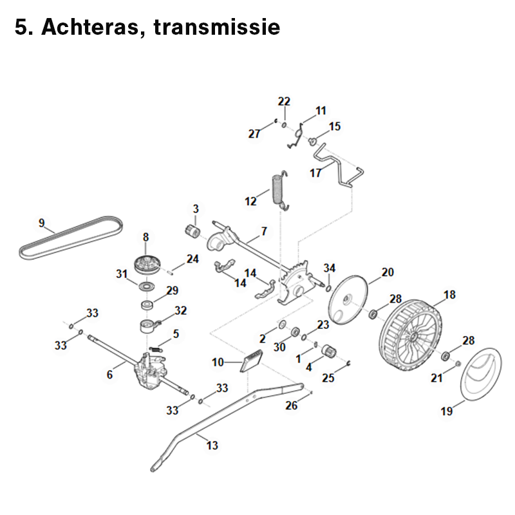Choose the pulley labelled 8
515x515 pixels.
click(147, 263)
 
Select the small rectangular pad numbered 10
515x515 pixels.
click(251, 360)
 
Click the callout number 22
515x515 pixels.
click(284, 101)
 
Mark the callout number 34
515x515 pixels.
click(330, 268)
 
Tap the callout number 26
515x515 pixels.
click(292, 406)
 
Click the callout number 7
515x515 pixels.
click(263, 230)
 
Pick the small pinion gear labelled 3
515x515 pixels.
click(191, 230)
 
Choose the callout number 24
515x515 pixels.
click(192, 259)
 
